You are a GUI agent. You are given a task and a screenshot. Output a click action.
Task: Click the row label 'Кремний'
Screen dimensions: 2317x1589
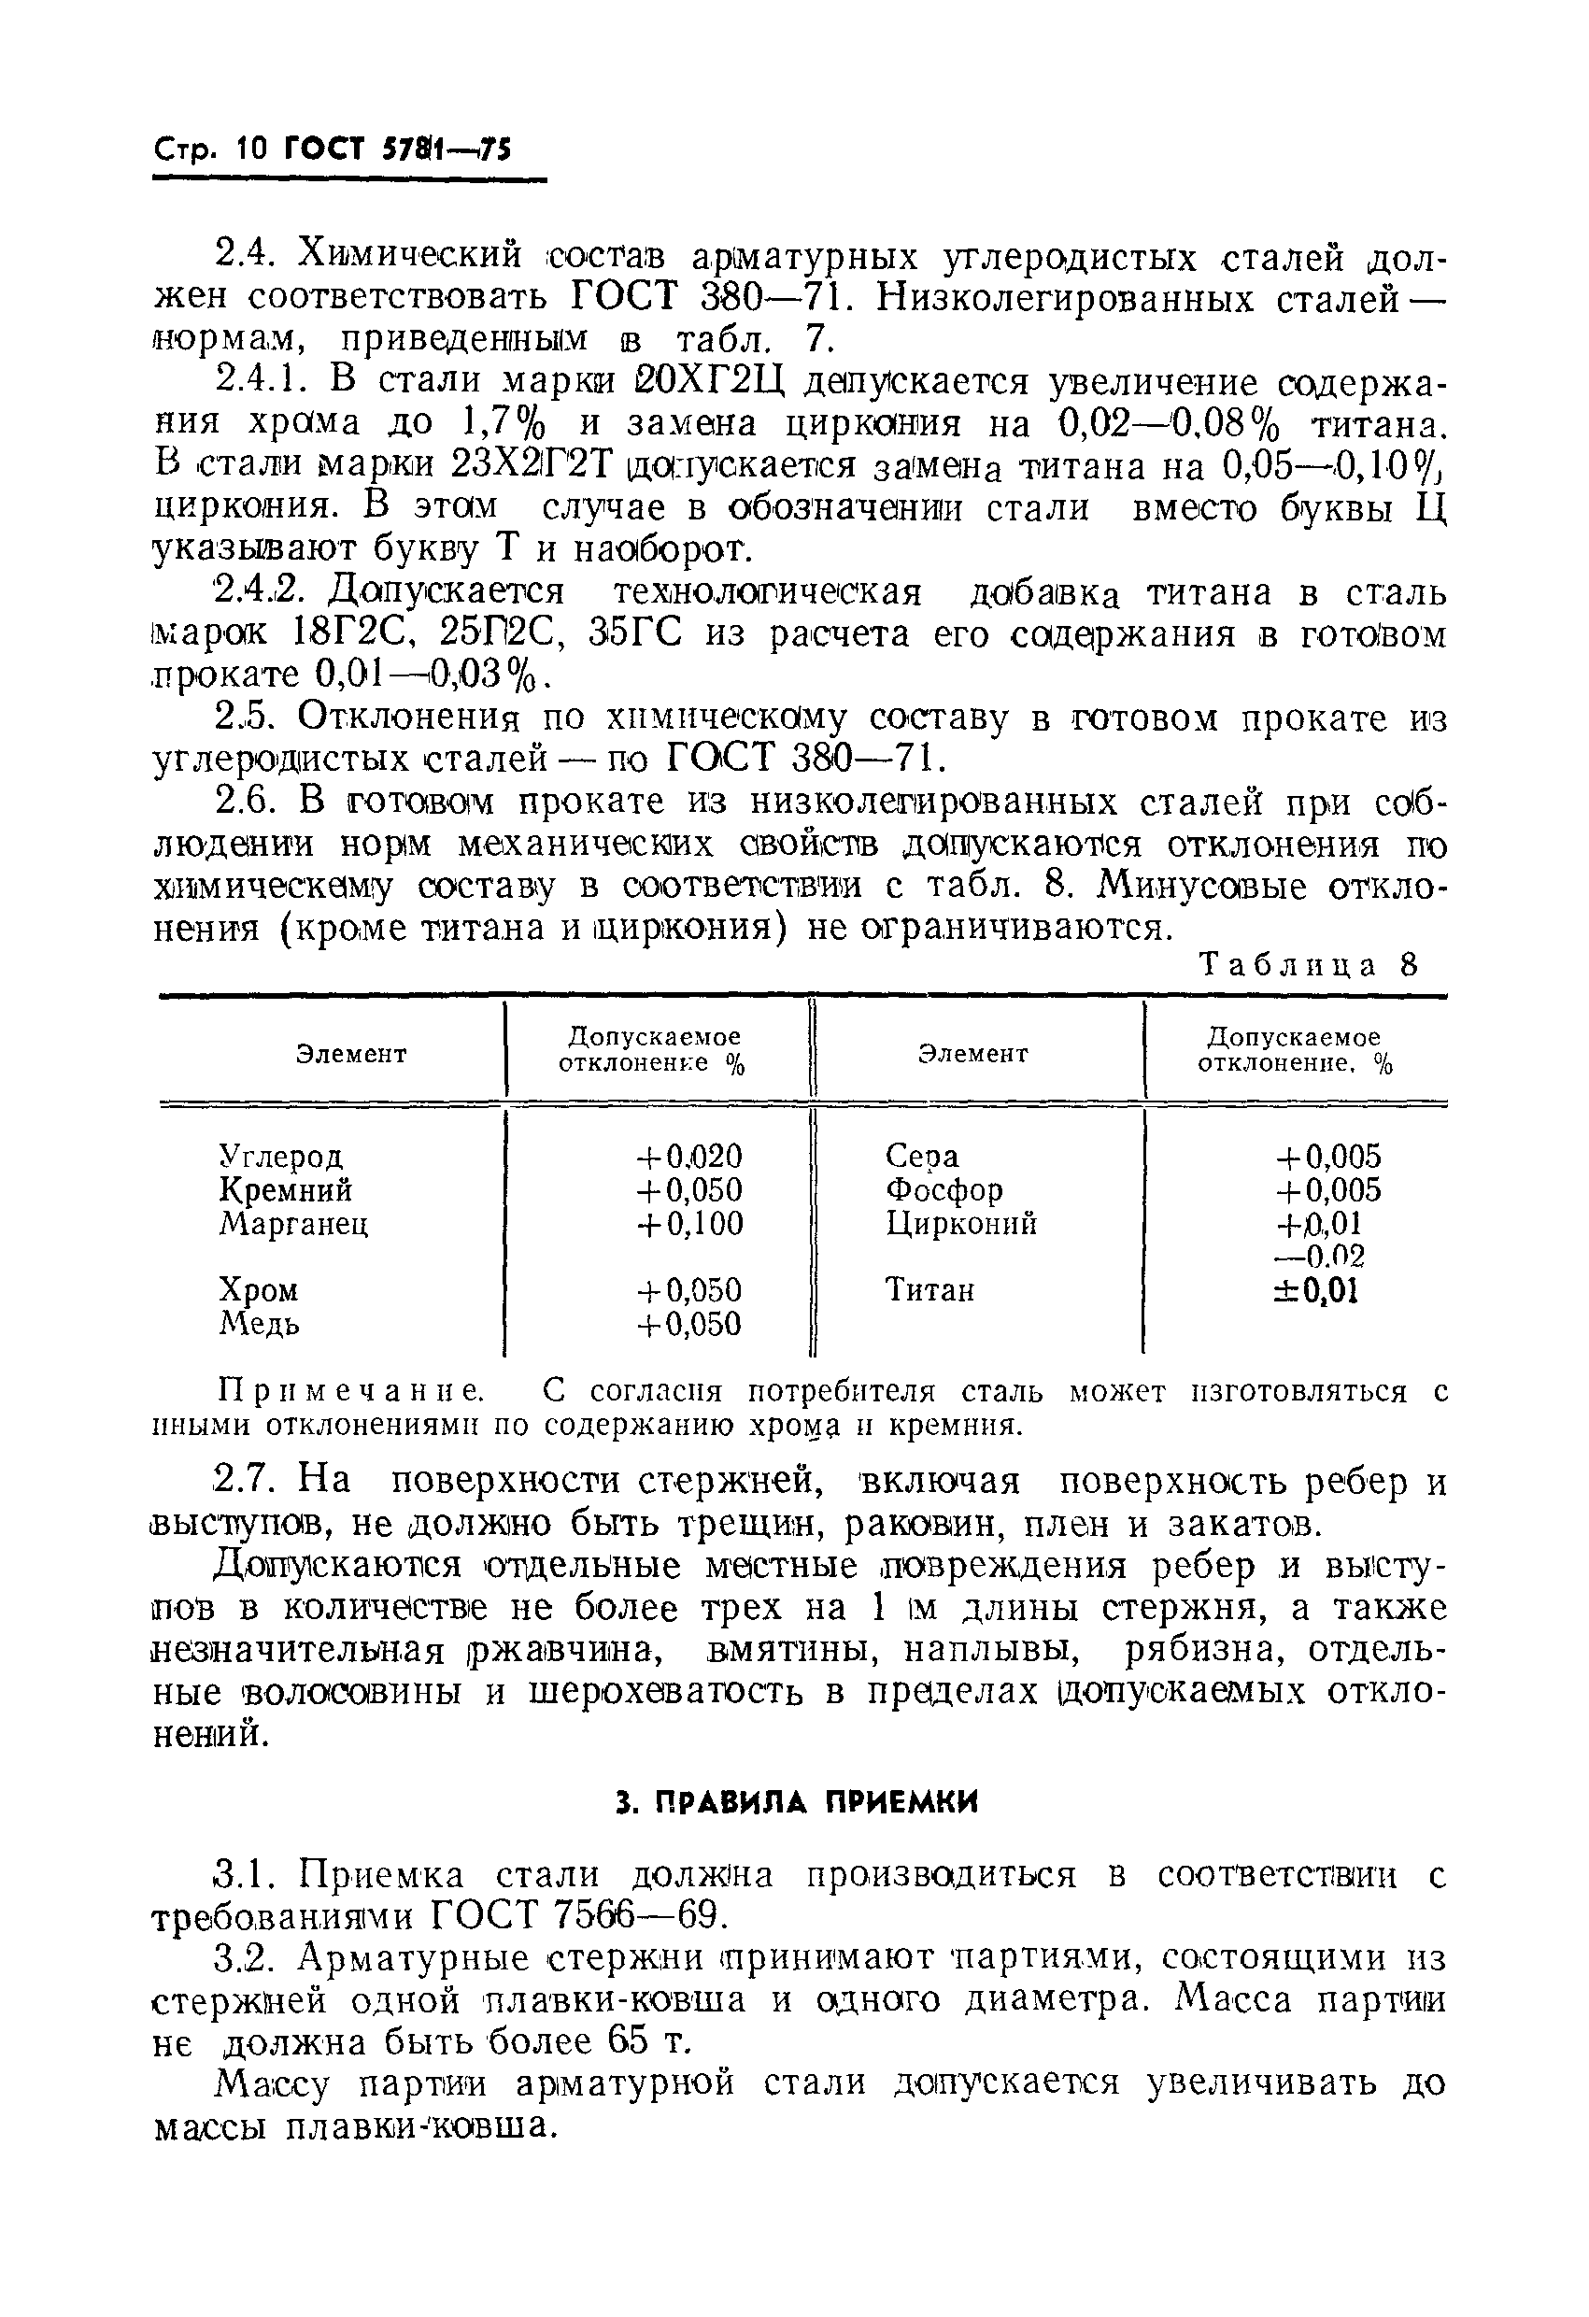point(285,1190)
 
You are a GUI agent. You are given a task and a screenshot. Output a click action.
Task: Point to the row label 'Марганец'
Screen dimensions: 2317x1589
point(293,1223)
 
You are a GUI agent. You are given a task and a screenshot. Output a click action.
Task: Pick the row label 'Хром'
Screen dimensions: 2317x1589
point(258,1290)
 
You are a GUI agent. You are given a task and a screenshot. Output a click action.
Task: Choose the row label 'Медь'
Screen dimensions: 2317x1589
point(258,1324)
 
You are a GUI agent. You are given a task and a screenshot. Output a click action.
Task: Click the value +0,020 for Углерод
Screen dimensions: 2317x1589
point(688,1157)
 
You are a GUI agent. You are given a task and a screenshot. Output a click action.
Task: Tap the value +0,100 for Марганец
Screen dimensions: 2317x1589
point(688,1223)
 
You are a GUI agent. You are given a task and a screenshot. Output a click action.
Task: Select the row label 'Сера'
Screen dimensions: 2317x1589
point(921,1157)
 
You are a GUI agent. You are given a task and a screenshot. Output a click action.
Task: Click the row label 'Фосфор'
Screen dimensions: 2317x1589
point(943,1190)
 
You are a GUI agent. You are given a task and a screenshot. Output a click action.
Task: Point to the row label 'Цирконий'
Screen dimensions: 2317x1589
point(961,1223)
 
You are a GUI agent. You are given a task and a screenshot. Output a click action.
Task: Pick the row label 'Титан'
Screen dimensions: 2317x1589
point(929,1290)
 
